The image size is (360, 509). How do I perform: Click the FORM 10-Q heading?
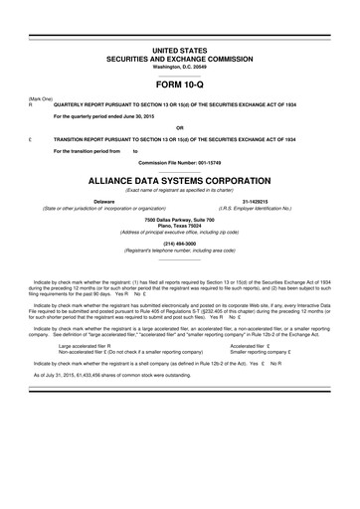[x=180, y=87]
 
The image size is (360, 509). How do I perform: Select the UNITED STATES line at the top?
[x=180, y=49]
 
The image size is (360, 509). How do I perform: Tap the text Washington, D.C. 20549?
[x=180, y=66]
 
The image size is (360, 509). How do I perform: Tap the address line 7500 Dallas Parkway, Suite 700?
[x=180, y=218]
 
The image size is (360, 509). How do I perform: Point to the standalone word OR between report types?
[x=179, y=128]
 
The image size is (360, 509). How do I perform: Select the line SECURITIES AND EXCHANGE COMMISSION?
[x=180, y=58]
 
